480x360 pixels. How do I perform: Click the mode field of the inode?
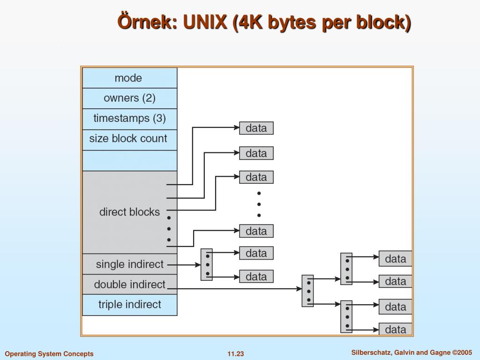tap(130, 78)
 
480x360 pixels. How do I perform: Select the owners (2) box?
tap(130, 98)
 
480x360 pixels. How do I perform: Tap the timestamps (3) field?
tap(130, 119)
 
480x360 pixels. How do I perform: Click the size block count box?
tap(130, 140)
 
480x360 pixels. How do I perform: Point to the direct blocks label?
tap(129, 212)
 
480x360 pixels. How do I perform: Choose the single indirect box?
tap(130, 264)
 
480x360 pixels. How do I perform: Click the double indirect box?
tap(130, 285)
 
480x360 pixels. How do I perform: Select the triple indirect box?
tap(130, 305)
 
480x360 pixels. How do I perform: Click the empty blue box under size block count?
tap(130, 160)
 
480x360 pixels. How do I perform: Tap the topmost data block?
tap(256, 128)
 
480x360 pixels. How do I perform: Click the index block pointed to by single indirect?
tap(207, 264)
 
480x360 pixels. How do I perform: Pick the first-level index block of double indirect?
tap(307, 291)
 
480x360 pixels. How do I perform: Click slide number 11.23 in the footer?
tap(236, 354)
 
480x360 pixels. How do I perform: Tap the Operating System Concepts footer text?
tap(49, 354)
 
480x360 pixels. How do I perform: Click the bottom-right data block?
tap(396, 330)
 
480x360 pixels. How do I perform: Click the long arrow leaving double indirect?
tap(235, 288)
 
